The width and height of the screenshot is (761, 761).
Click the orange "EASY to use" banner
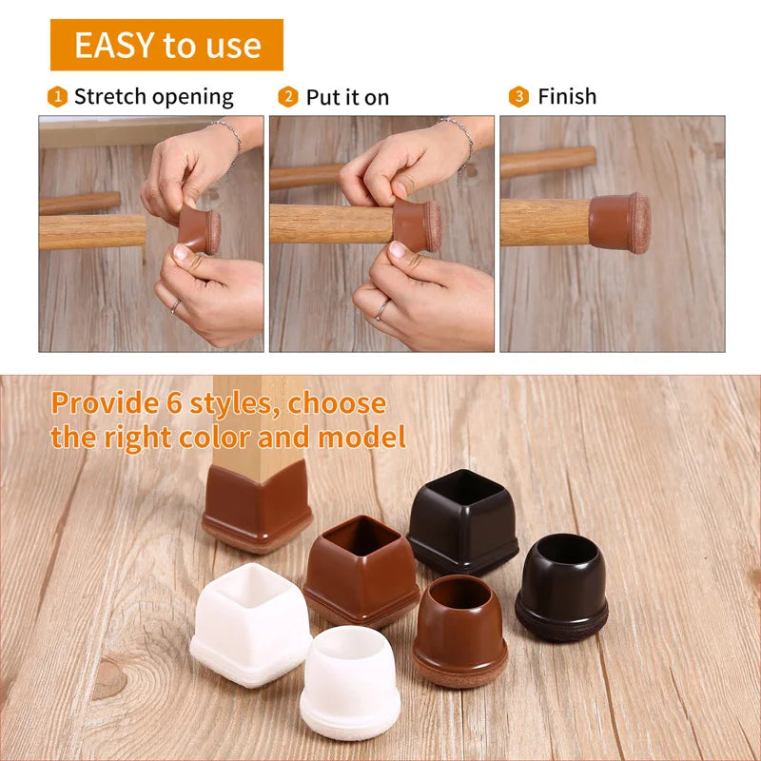[166, 45]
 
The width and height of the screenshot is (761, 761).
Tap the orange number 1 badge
[57, 97]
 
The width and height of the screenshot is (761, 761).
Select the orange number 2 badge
[288, 97]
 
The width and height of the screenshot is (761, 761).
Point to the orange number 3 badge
[518, 97]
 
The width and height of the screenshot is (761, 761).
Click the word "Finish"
[567, 96]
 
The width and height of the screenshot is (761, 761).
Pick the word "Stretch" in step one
[109, 96]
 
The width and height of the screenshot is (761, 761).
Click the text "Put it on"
[347, 97]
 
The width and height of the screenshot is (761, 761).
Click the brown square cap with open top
[361, 571]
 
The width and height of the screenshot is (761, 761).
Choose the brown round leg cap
[460, 630]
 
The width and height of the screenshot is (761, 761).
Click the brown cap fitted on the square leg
[256, 507]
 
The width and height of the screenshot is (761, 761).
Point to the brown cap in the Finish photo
[620, 223]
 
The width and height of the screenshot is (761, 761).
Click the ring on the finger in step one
[175, 306]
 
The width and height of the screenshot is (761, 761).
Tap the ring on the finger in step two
[382, 311]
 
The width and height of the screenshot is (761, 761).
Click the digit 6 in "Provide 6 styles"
[174, 403]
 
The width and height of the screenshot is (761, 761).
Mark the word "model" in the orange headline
[361, 437]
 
